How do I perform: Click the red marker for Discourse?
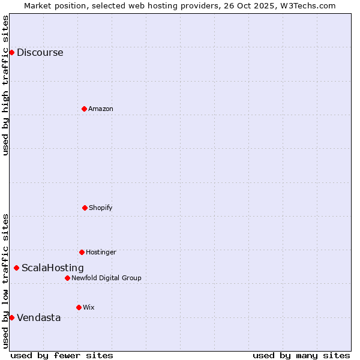coord(11,52)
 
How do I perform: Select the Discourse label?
coord(40,52)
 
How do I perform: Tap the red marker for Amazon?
coord(84,109)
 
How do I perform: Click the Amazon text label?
coord(100,109)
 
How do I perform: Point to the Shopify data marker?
coord(85,208)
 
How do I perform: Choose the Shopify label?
coord(100,208)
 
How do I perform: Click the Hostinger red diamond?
coord(82,252)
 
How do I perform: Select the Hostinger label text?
coord(101,252)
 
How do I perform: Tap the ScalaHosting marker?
coord(16,268)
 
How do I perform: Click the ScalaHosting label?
coord(52,268)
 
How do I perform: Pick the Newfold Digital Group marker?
coord(67,278)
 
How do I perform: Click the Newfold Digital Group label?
coord(106,278)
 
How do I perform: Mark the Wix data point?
coord(79,307)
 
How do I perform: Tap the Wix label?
coord(88,307)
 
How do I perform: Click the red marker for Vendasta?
coord(11,317)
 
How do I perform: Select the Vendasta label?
coord(38,317)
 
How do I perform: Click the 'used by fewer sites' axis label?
coord(62,355)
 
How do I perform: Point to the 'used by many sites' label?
coord(301,355)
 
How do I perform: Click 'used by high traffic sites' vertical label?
coord(5,85)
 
